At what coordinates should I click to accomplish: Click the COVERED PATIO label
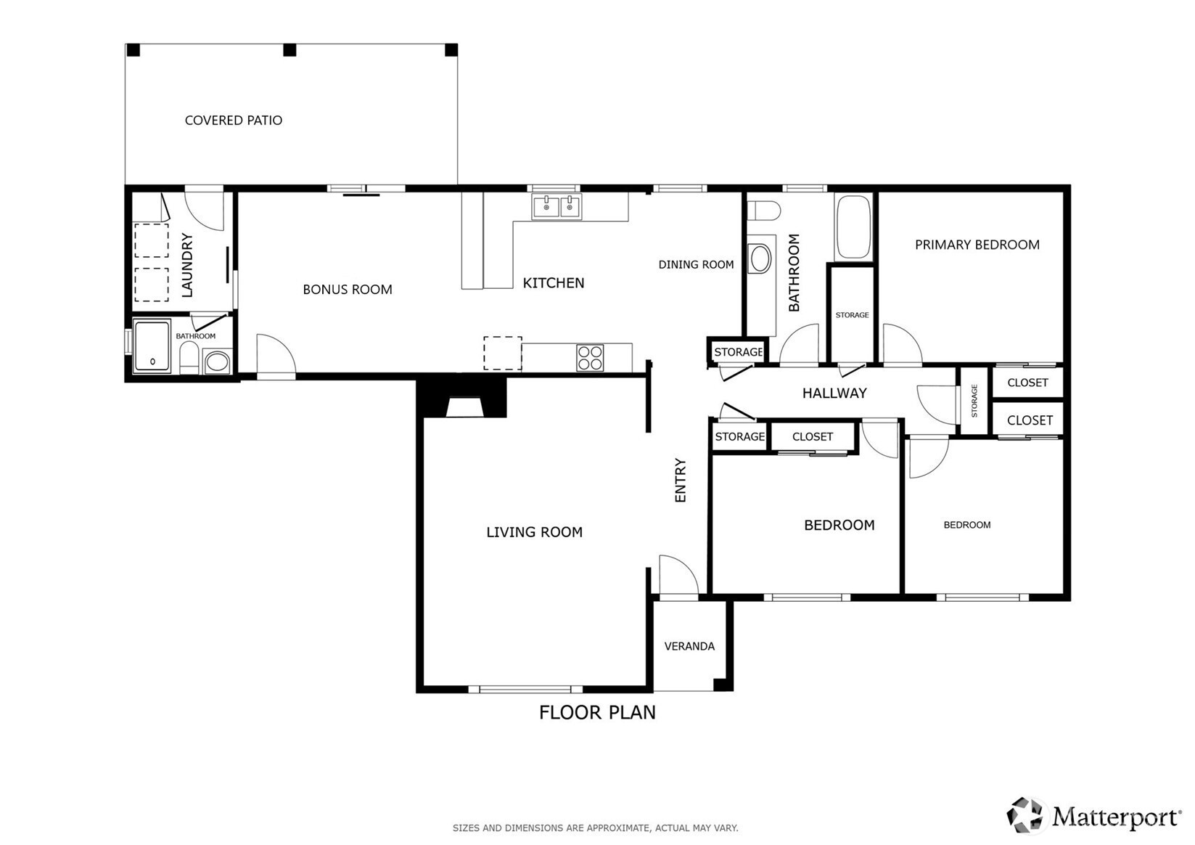[x=233, y=121]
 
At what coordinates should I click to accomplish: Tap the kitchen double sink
[x=557, y=207]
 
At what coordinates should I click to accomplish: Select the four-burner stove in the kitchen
[x=590, y=358]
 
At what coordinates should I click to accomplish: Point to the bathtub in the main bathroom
[x=853, y=227]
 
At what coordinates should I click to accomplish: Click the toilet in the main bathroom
[x=763, y=211]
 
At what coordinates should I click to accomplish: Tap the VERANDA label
[x=689, y=646]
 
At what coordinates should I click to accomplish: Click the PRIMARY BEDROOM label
[x=977, y=245]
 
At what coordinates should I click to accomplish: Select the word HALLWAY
[x=834, y=393]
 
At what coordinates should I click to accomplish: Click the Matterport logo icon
[x=1024, y=815]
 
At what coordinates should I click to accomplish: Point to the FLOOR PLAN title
[x=597, y=713]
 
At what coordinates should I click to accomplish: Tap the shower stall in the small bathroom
[x=152, y=346]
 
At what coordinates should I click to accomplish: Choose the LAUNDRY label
[x=187, y=265]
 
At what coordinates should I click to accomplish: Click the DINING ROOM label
[x=697, y=265]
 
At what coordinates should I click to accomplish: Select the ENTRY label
[x=680, y=480]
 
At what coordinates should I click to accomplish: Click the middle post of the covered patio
[x=289, y=50]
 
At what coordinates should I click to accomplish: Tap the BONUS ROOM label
[x=348, y=290]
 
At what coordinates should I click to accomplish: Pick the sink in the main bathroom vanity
[x=760, y=259]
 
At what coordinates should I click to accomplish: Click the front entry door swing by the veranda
[x=678, y=574]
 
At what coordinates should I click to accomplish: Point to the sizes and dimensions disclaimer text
[x=596, y=828]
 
